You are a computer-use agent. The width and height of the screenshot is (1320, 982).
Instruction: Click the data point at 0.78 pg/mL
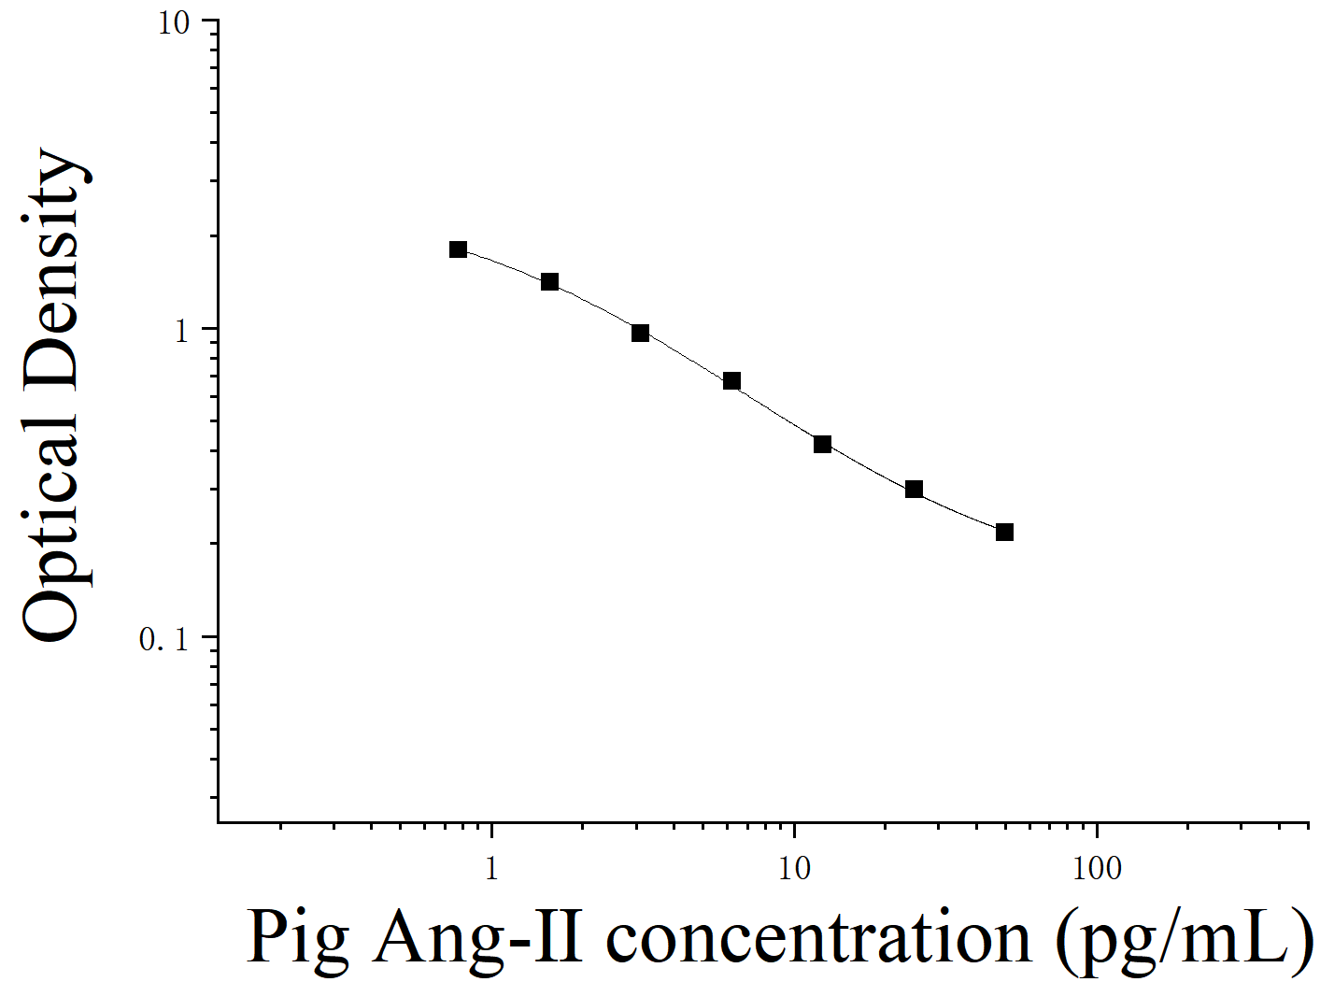click(x=458, y=249)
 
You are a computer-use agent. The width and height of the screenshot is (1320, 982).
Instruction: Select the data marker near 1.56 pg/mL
click(x=549, y=282)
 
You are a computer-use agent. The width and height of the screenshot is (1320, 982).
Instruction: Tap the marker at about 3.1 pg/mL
click(x=640, y=334)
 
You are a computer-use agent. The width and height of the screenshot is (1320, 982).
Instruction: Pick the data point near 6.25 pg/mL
click(x=731, y=381)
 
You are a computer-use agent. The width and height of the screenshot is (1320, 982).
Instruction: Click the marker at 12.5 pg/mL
click(x=822, y=445)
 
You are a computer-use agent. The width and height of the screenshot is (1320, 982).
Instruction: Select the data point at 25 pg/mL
click(x=914, y=490)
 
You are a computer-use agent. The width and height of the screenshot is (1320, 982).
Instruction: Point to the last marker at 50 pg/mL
click(x=1004, y=533)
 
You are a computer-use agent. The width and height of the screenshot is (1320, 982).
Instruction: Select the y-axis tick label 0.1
click(x=163, y=639)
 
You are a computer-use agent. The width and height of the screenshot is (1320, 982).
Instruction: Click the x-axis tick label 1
click(x=491, y=869)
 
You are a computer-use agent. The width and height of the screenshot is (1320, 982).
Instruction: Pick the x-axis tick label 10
click(x=793, y=869)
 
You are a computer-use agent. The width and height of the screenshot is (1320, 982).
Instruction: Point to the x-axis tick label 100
click(x=1096, y=869)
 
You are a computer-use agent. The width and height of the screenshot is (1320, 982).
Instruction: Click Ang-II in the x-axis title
click(x=477, y=937)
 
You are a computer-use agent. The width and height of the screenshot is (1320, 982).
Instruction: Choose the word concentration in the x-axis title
click(x=818, y=937)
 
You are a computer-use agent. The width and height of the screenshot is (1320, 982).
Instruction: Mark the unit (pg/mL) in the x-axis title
click(x=1185, y=937)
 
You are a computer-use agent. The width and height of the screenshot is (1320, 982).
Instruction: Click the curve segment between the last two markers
click(x=959, y=513)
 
